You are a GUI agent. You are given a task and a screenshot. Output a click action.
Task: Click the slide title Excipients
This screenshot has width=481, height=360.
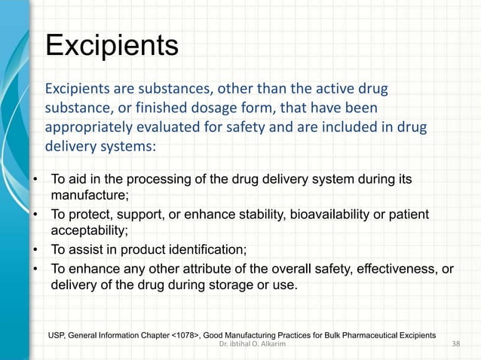click(112, 45)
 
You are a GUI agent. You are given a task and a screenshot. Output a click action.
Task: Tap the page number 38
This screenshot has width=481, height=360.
click(455, 344)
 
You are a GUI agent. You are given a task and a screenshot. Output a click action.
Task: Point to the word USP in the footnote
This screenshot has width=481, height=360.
click(57, 332)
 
